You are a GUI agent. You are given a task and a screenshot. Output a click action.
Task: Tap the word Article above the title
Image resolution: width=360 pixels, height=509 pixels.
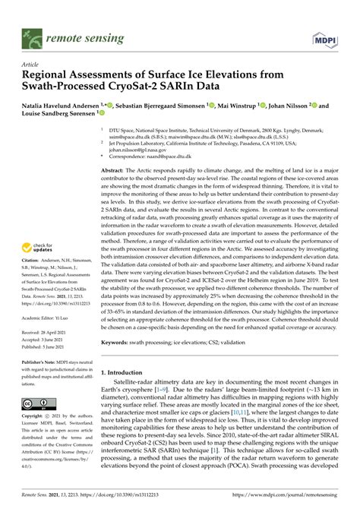tap(30, 66)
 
